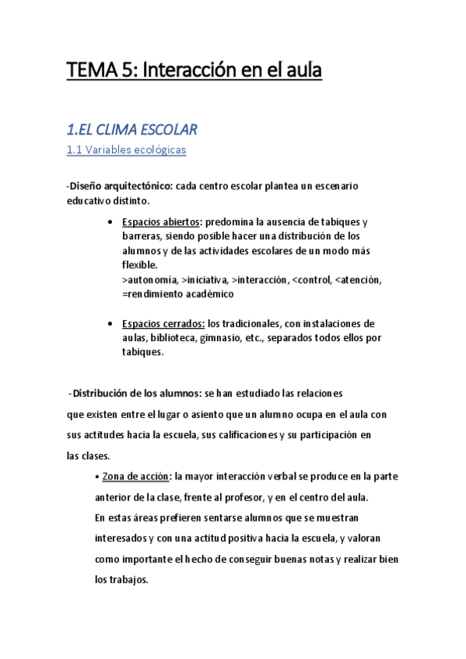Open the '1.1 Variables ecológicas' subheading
coord(127,150)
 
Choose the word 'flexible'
coord(139,266)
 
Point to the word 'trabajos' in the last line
coord(126,580)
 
